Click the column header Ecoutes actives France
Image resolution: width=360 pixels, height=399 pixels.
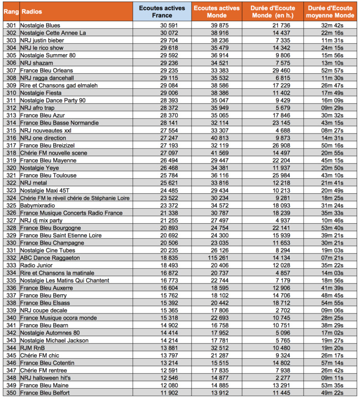click(x=162, y=11)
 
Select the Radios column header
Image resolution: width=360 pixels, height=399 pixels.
click(x=32, y=11)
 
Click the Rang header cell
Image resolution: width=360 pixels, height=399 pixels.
click(x=10, y=11)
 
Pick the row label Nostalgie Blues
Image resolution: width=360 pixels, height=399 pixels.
click(x=40, y=25)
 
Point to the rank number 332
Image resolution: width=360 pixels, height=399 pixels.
click(x=10, y=258)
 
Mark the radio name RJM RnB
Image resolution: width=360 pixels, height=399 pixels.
click(x=32, y=348)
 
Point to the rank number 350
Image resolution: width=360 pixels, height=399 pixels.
click(x=10, y=393)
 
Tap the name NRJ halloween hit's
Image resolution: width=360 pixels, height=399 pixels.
click(x=46, y=378)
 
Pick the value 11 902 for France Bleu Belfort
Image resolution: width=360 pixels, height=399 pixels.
click(x=169, y=393)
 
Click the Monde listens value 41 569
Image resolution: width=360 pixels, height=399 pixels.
click(x=218, y=153)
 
